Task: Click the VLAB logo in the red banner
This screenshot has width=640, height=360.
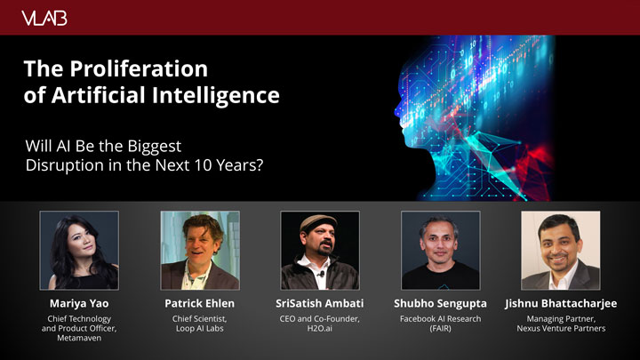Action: pos(44,19)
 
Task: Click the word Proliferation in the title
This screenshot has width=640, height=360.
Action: pos(139,68)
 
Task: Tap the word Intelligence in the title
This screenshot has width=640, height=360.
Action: pos(215,95)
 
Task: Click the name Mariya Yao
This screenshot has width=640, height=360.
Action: pos(79,303)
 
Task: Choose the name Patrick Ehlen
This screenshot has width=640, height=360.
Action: pos(200,303)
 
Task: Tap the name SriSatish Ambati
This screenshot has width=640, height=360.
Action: pos(320,303)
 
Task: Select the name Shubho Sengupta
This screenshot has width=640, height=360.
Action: pos(440,304)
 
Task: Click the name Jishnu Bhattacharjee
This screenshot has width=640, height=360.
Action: pos(561,304)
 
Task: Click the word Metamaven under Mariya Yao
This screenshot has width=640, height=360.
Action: pos(79,338)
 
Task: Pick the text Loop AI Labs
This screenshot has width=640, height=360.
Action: pos(200,329)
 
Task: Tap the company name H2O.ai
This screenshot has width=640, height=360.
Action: pos(320,328)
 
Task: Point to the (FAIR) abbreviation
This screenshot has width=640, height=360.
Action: pos(440,329)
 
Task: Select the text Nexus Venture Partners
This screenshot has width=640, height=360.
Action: pos(561,329)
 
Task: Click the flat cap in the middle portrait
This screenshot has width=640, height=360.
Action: pos(318,222)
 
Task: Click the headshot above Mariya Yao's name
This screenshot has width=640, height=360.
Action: pos(79,250)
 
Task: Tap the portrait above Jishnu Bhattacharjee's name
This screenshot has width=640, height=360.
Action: pos(560,250)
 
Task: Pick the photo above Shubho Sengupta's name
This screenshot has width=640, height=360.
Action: pos(440,250)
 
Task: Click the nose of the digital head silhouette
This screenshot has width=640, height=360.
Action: pos(397,109)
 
